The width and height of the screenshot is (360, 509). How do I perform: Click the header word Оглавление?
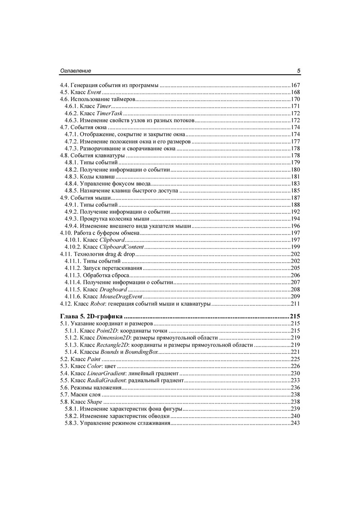[75, 71]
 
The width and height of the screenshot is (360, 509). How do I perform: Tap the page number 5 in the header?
[299, 71]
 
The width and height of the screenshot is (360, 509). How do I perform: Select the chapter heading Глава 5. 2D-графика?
[91, 317]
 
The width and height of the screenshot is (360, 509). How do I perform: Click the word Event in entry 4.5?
[94, 92]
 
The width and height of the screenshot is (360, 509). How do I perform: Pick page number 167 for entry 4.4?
[295, 85]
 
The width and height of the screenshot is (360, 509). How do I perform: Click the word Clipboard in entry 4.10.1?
[112, 240]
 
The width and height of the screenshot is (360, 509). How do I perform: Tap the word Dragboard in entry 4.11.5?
[113, 289]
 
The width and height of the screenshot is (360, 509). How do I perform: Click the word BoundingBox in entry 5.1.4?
[144, 352]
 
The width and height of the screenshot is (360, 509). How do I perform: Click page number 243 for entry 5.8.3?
[295, 423]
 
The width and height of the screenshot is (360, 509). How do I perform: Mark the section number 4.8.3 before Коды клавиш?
[72, 177]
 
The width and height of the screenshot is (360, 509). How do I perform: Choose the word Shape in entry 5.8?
[95, 402]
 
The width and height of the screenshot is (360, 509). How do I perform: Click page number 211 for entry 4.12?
[295, 304]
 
